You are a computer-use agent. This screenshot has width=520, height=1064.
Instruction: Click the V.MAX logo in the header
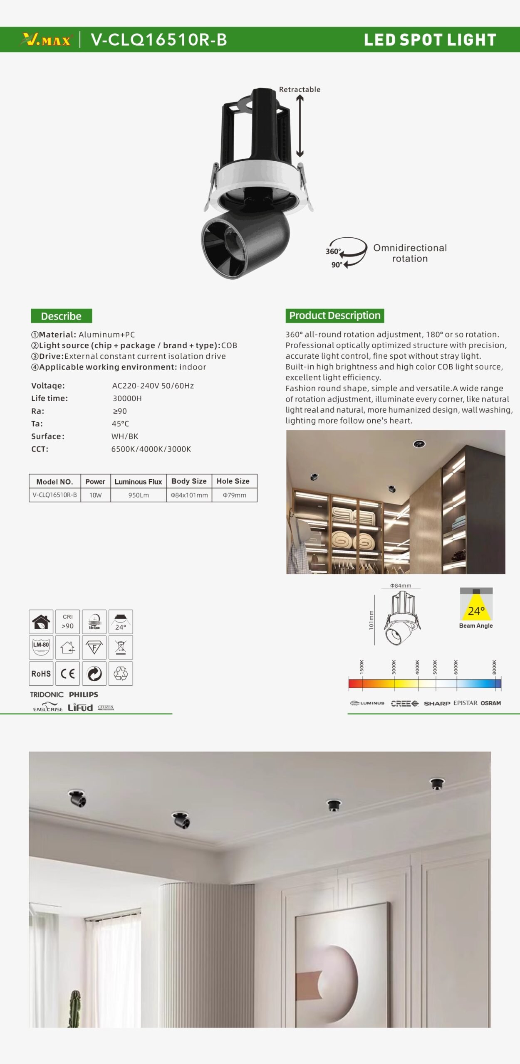coord(46,40)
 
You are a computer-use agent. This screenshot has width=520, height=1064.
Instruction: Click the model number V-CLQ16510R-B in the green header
coord(158,40)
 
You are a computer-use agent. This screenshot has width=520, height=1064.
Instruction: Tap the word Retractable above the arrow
coord(300,89)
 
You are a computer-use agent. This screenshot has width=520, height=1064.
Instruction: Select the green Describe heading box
coord(61,316)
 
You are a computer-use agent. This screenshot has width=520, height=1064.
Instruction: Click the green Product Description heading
coord(334,315)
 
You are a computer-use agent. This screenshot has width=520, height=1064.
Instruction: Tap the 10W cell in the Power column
coord(95,495)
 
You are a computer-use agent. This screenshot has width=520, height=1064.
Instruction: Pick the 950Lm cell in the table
coord(139,495)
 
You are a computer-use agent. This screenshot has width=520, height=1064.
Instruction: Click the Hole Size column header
coord(233,481)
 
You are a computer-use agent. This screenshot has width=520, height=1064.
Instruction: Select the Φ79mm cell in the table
coord(234,495)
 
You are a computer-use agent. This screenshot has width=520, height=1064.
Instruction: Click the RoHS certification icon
coord(41,674)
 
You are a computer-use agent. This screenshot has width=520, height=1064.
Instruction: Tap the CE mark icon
coord(67,674)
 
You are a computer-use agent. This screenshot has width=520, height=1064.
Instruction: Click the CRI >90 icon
coord(67,622)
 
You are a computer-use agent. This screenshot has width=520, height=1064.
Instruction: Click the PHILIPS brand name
coord(84,695)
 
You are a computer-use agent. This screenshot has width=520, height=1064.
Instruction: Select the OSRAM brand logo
coord(490,703)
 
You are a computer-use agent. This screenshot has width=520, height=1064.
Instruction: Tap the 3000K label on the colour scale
coord(394,667)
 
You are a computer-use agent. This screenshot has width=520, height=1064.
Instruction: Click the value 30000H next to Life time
coord(127,398)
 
